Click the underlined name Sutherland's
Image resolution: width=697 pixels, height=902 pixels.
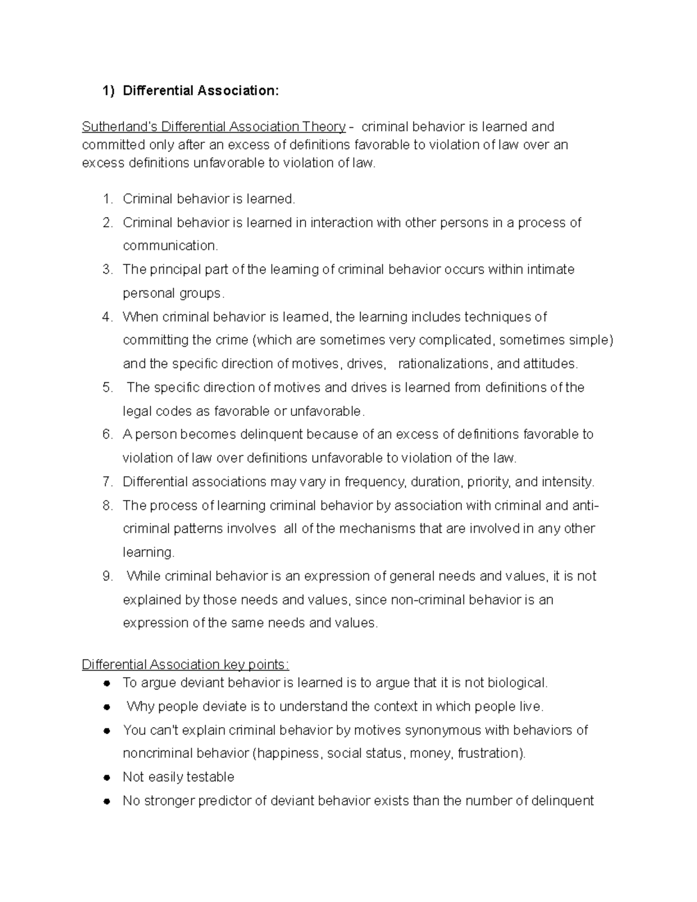pos(120,127)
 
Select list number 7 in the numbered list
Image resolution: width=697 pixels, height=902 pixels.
pos(107,482)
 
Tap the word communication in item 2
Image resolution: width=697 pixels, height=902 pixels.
pos(170,246)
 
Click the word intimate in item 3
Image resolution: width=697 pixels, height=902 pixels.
pos(550,269)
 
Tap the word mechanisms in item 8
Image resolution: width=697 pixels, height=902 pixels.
pos(378,529)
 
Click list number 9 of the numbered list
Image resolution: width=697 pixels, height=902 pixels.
pos(107,576)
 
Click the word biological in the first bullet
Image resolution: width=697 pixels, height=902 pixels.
pos(517,683)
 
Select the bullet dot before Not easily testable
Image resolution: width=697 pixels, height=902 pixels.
pos(107,778)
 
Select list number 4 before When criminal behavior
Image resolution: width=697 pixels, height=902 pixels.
pos(107,317)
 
